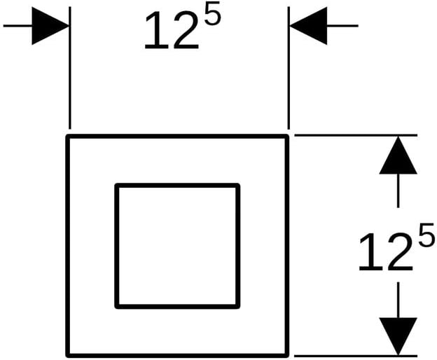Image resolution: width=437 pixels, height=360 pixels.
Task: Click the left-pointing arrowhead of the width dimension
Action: coord(308,26)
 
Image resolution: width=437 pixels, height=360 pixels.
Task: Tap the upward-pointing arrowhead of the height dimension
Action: coord(398,155)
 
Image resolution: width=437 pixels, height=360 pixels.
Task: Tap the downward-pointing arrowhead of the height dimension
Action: coord(398,336)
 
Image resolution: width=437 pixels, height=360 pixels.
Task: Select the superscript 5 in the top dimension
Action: coord(212,13)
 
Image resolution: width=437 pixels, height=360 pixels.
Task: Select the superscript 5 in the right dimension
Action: coord(426,235)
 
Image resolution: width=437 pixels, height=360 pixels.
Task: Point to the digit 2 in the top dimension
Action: coord(186,30)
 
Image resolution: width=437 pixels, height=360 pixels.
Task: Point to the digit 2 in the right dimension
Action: coord(400,251)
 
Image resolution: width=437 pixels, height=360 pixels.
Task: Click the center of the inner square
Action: coord(178,246)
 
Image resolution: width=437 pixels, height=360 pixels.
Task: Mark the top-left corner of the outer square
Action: coord(67,136)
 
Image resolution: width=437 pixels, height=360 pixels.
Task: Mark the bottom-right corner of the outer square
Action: coord(287,356)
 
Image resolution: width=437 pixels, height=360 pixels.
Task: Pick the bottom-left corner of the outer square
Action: coord(67,356)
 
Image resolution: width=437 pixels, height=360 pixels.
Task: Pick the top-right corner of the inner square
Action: coord(238,185)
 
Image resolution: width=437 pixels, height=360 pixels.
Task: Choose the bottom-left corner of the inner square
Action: coord(116,307)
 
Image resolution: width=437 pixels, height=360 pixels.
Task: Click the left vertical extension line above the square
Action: coord(70,68)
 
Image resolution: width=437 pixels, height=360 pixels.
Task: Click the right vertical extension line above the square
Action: coord(289,68)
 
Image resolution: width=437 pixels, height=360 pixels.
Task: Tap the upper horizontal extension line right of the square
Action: coord(356,135)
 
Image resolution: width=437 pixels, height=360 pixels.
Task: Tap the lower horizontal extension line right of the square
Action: coord(356,356)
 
